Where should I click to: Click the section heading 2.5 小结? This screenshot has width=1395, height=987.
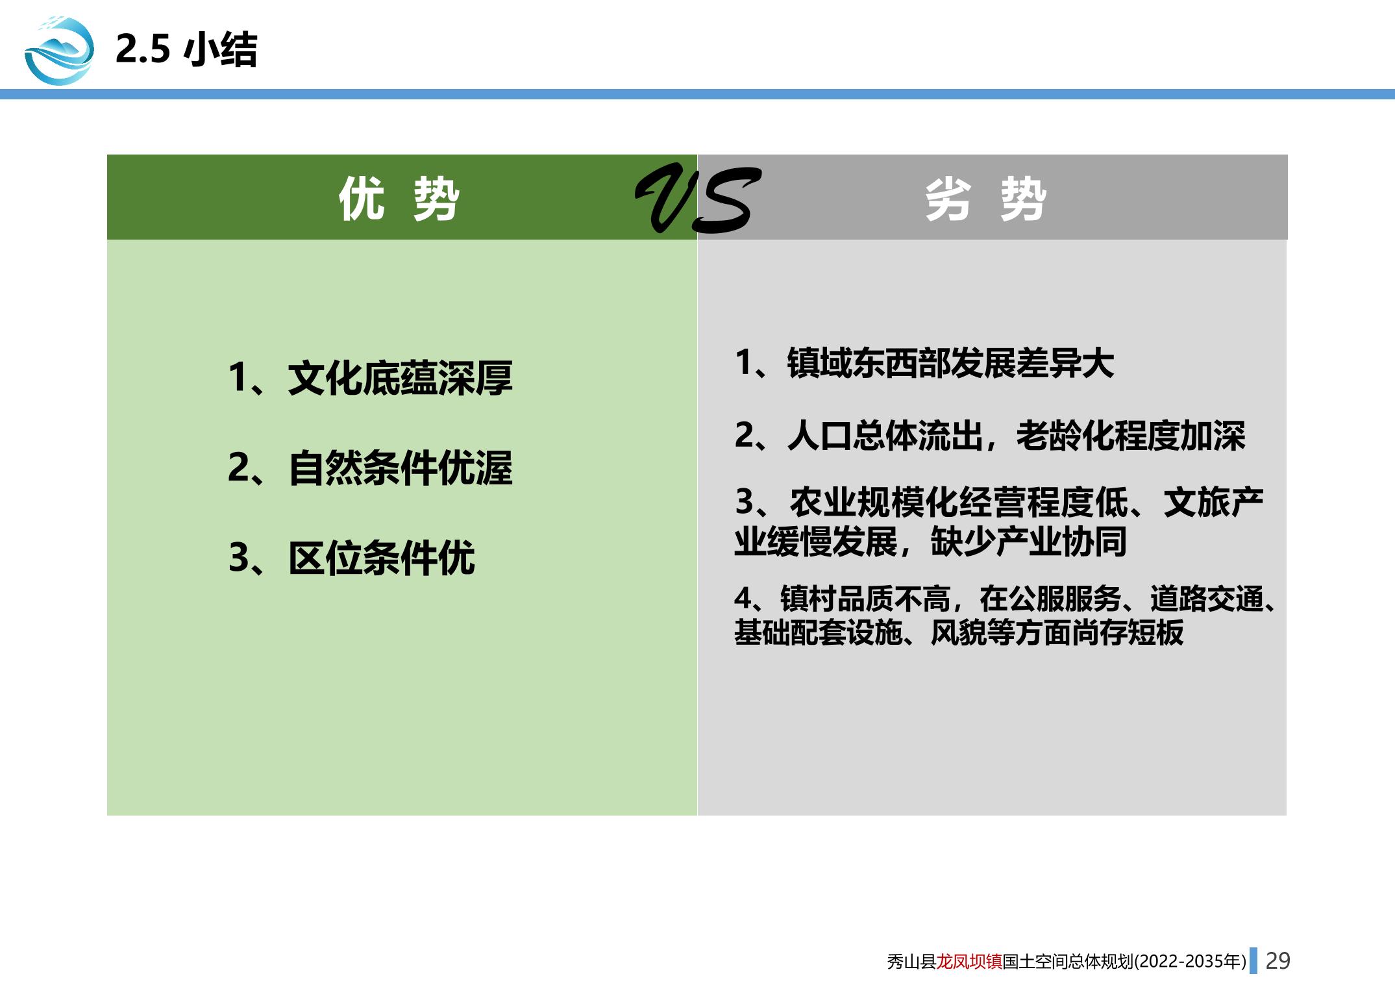[x=186, y=49]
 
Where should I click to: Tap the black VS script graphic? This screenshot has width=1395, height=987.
[x=697, y=199]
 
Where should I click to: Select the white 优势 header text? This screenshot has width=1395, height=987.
[x=399, y=199]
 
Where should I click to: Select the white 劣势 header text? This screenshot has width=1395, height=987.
[x=985, y=199]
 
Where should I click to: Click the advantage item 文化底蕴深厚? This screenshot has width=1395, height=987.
[x=400, y=378]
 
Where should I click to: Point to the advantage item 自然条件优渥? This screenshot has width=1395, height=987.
[x=400, y=468]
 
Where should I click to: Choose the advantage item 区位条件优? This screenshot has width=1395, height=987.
[x=382, y=558]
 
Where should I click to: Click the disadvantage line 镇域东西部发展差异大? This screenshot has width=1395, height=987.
[x=950, y=363]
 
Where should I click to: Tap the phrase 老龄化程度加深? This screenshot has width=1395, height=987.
[x=1130, y=436]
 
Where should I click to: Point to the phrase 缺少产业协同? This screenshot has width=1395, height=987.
[x=1028, y=542]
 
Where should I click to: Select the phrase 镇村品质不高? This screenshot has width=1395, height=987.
[x=865, y=599]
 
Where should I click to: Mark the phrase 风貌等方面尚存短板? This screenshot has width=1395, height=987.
[x=1057, y=632]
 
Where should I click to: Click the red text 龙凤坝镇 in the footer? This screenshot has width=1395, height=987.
[x=969, y=961]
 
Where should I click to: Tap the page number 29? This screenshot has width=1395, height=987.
[x=1278, y=961]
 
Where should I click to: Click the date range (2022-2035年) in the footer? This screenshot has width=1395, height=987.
[x=1191, y=961]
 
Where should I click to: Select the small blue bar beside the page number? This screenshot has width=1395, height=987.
[x=1253, y=960]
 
